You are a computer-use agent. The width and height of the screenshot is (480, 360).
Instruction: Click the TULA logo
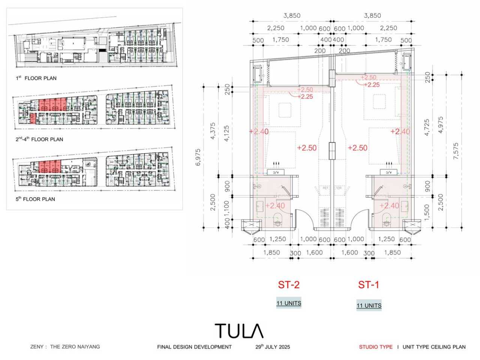[239, 331]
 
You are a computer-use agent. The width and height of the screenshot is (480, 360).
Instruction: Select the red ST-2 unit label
[289, 285]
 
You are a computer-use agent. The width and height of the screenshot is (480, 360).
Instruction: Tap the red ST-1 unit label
[369, 285]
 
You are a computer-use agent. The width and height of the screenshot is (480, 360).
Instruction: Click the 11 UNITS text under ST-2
[289, 303]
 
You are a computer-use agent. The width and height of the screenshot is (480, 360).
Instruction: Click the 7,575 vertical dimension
[456, 151]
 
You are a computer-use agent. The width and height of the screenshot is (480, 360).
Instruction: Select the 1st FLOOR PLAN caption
[36, 78]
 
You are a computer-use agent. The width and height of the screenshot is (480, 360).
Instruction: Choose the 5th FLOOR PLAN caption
[35, 199]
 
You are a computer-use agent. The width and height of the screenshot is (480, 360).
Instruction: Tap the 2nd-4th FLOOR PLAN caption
[39, 139]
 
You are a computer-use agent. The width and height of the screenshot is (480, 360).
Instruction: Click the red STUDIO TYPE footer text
[376, 347]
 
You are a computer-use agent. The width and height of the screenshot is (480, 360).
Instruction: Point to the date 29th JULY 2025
[273, 347]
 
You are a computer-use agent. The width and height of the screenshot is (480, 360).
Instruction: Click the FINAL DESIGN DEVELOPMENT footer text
[194, 347]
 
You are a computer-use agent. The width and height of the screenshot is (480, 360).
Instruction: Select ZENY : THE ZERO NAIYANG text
[65, 347]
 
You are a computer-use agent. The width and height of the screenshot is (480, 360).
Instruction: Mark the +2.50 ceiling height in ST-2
[307, 148]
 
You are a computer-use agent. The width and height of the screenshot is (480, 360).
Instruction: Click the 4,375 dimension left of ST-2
[213, 131]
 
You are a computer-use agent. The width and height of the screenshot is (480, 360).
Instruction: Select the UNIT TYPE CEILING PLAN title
[434, 347]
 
